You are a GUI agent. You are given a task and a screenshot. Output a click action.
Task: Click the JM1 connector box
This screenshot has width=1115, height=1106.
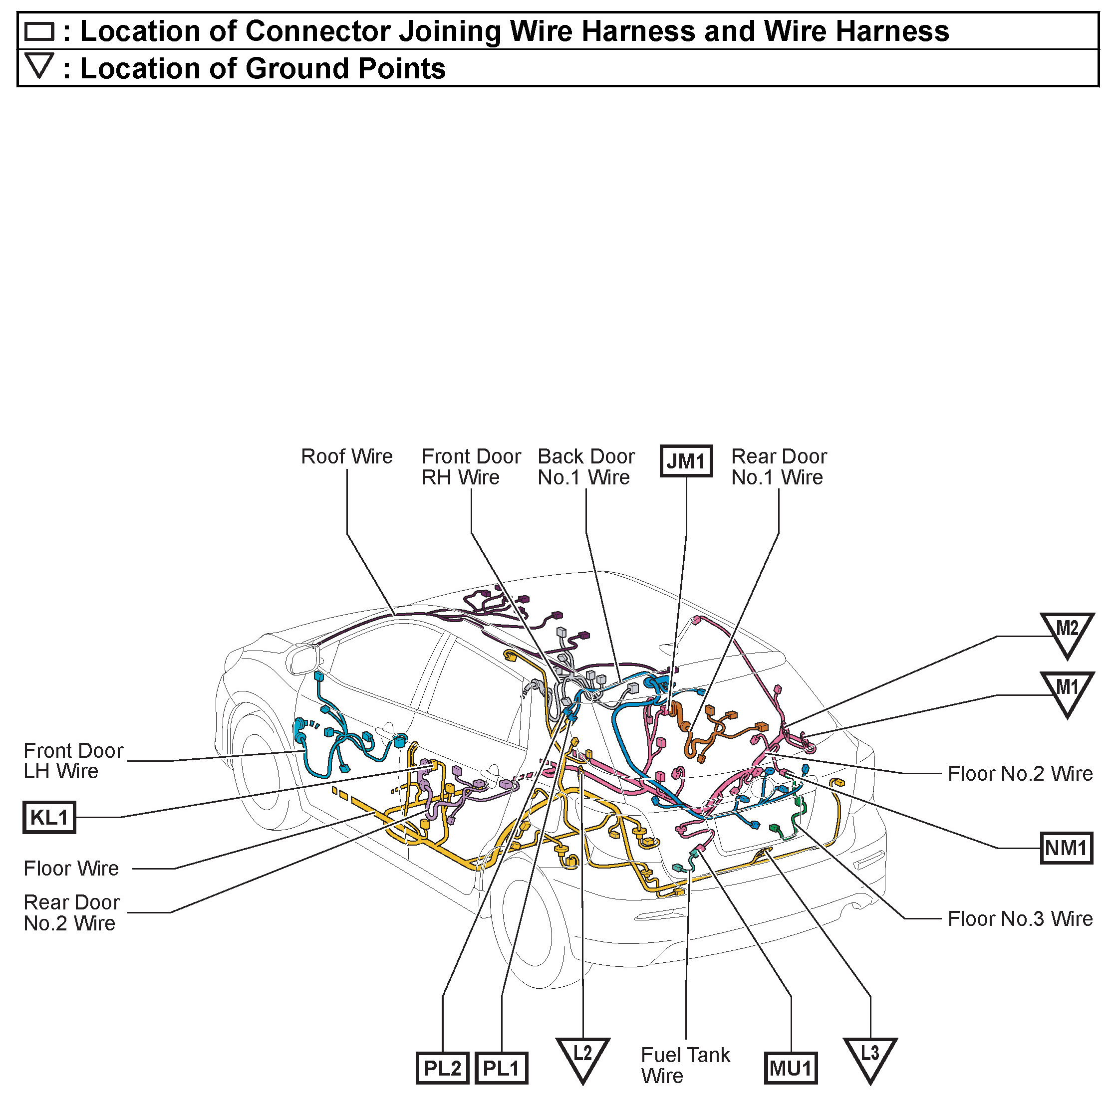pos(686,461)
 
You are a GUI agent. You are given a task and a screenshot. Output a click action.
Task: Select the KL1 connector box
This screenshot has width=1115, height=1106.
pos(49,817)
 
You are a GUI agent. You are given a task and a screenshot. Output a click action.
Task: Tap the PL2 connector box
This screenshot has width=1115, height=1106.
pos(442,1068)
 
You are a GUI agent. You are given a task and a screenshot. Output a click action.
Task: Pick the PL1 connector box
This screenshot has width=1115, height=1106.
pos(501,1068)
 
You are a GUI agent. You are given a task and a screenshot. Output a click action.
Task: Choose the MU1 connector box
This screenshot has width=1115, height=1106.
pos(791,1068)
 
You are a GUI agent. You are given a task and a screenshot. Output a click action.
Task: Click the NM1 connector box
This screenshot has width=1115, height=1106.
pos(1066,848)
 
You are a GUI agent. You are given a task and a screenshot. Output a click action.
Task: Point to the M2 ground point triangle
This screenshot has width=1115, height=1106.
pos(1067,632)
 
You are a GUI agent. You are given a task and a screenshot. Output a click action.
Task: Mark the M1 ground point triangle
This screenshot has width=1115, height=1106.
pos(1067,690)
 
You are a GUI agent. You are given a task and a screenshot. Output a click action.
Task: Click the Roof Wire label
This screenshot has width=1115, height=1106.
pos(347,456)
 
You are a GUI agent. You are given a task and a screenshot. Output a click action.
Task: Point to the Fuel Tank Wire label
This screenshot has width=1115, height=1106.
pos(685,1065)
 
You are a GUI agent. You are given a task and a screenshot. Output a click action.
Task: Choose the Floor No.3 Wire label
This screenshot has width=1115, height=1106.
pos(1020,918)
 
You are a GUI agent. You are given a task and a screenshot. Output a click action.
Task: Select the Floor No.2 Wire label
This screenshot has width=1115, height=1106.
pos(1020,773)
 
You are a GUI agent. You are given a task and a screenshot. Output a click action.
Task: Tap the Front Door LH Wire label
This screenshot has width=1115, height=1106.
pos(73,760)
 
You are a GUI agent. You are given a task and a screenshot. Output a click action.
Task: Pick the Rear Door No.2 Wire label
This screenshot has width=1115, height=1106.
pos(71,912)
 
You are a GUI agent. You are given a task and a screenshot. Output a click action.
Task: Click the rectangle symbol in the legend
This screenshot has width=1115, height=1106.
pos(39,31)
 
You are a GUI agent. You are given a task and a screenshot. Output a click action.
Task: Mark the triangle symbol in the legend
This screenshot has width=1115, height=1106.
pos(39,65)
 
